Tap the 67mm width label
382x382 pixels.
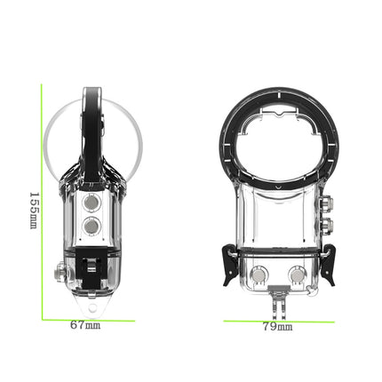(85, 326)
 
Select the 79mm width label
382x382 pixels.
(278, 327)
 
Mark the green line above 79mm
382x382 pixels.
(278, 318)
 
